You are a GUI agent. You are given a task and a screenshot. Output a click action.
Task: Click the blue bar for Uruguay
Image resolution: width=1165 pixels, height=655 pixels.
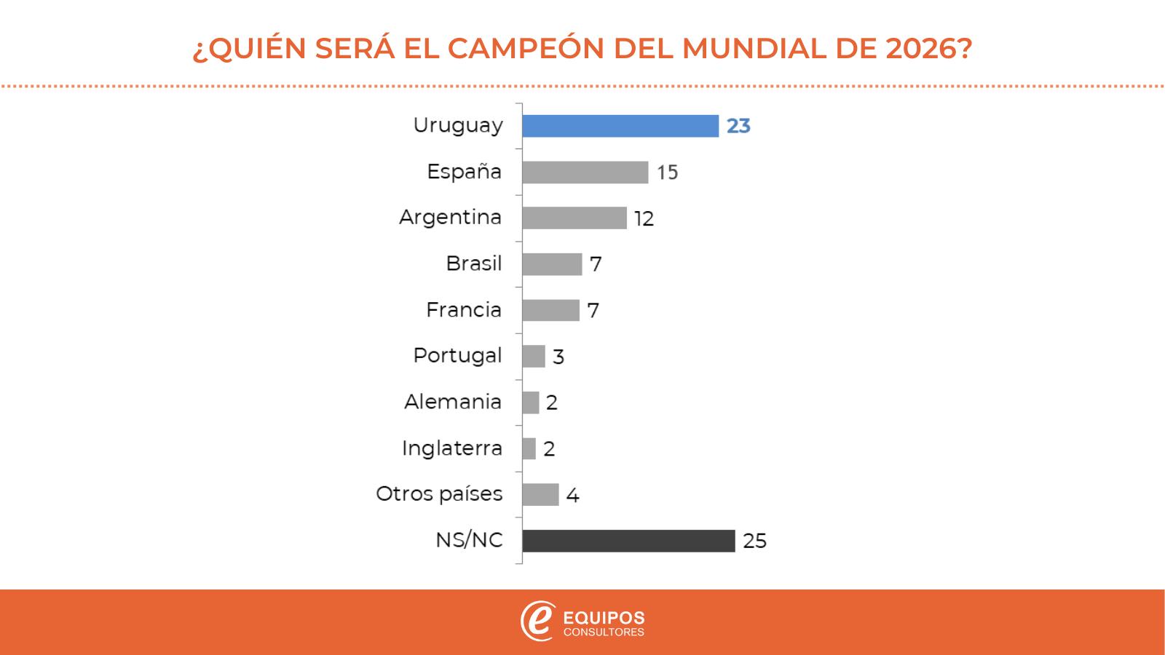(x=620, y=126)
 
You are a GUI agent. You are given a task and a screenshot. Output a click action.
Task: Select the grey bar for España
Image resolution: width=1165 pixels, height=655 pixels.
(x=585, y=172)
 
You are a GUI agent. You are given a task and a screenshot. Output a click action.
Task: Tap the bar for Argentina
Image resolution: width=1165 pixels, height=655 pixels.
(x=574, y=218)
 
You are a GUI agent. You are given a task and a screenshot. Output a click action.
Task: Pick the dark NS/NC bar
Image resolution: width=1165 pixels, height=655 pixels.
(x=628, y=541)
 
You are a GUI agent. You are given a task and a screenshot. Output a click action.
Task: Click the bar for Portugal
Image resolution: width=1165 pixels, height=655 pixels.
(x=534, y=356)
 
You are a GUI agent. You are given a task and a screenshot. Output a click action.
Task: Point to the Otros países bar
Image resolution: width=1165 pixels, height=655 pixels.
(x=540, y=495)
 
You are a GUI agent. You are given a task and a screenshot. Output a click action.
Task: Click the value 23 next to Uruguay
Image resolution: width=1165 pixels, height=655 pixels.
(x=738, y=127)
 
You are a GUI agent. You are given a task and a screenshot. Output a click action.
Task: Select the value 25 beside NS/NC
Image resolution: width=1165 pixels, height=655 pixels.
(x=754, y=541)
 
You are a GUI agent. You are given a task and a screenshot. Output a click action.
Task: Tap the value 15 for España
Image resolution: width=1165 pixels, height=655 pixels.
(x=667, y=172)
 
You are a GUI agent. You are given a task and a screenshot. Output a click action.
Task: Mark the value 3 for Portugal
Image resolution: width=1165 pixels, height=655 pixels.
(x=558, y=357)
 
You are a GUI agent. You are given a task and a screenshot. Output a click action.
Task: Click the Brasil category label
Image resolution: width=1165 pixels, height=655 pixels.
(x=473, y=263)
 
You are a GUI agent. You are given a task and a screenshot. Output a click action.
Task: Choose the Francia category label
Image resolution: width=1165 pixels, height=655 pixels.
(x=464, y=310)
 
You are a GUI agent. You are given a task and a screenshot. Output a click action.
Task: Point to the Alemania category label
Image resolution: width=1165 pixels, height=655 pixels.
(x=453, y=402)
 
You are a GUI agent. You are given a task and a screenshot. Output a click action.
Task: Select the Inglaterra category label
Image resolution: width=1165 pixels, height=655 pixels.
(x=452, y=448)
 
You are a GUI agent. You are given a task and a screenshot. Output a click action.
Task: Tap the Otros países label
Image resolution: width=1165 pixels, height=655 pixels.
(x=439, y=494)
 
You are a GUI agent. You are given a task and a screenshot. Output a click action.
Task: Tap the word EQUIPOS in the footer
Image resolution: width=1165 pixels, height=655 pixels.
(x=604, y=618)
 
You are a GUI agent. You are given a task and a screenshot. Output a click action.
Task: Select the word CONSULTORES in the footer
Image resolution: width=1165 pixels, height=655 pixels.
(x=604, y=632)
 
